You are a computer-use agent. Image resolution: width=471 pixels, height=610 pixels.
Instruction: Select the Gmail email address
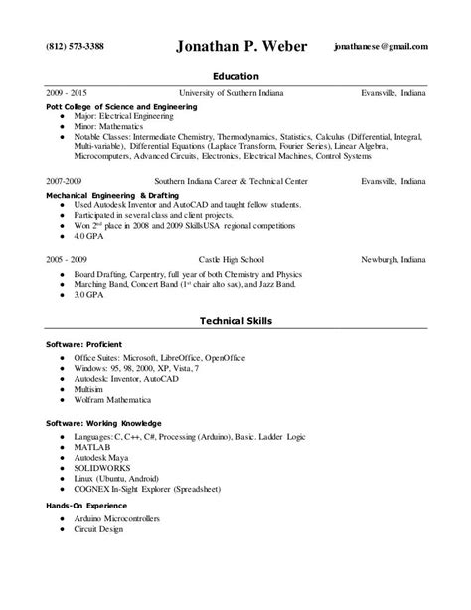382,47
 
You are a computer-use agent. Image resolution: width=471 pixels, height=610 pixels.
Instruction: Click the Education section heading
235,76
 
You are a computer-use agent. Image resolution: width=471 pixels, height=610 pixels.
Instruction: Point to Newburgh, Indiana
393,258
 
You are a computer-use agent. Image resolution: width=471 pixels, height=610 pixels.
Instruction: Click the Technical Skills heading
235,321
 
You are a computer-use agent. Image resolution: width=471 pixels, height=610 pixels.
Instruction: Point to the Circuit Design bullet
98,530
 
